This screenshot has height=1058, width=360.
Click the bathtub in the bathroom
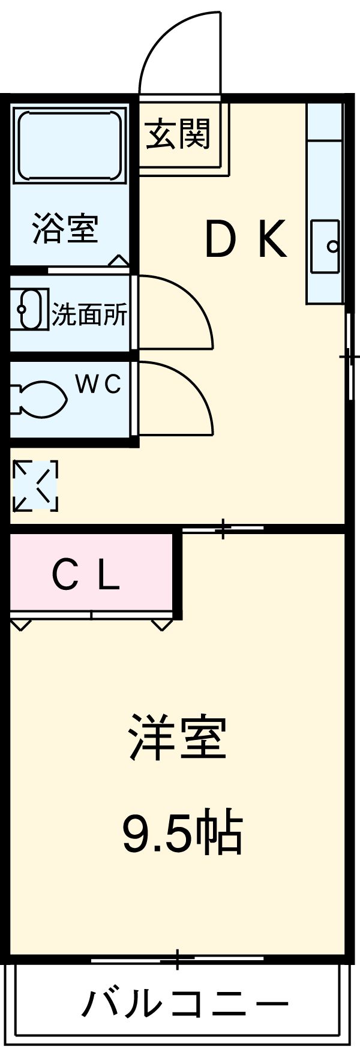pyautogui.click(x=70, y=145)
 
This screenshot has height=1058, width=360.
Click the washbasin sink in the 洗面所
pyautogui.click(x=29, y=310)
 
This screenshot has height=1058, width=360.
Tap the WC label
pyautogui.click(x=98, y=384)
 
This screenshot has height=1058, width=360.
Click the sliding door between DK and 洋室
pyautogui.click(x=223, y=529)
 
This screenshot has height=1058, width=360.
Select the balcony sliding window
pyautogui.click(x=178, y=959)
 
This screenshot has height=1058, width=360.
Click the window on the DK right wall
pyautogui.click(x=349, y=356)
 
